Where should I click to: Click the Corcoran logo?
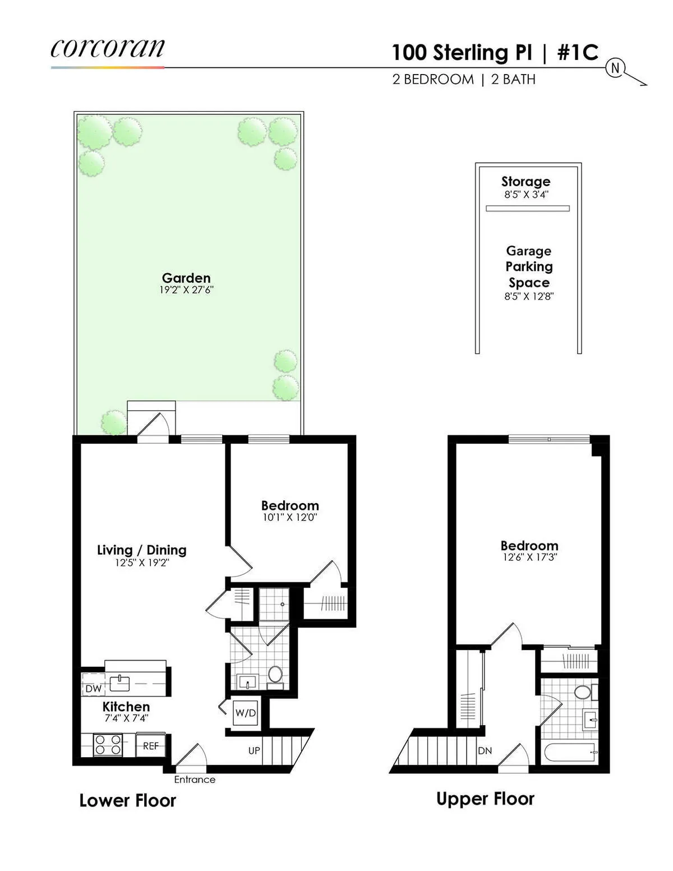[107, 49]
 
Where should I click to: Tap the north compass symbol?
[615, 68]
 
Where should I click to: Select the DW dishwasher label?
[94, 688]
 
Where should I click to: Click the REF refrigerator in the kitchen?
[150, 746]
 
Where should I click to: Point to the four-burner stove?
[108, 745]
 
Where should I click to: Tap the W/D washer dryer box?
[245, 713]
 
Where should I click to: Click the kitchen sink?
[120, 683]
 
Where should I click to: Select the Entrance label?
[195, 780]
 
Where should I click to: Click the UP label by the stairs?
[254, 750]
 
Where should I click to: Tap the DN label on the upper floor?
[485, 750]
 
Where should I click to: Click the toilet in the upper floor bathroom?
[584, 692]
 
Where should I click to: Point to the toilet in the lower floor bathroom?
[275, 673]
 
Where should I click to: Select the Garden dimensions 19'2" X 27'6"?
[186, 290]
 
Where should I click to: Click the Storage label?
[526, 182]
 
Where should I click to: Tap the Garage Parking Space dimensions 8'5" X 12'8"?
[528, 296]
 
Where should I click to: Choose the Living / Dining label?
[142, 550]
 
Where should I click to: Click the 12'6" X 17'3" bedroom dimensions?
[529, 557]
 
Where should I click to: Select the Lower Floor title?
[128, 800]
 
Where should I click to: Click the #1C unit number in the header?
[578, 53]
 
